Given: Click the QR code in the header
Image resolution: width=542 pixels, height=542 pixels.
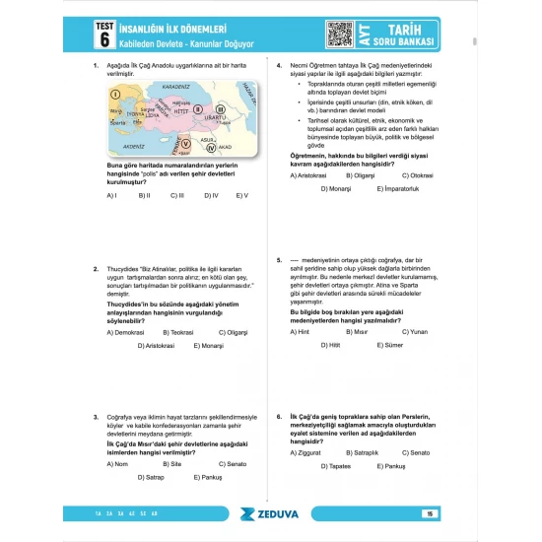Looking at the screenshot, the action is pyautogui.click(x=339, y=34).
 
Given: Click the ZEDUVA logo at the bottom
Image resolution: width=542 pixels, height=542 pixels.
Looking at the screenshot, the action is pyautogui.click(x=271, y=513).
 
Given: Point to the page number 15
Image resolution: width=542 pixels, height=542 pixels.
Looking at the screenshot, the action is pyautogui.click(x=430, y=513).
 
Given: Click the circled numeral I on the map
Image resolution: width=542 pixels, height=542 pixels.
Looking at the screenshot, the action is pyautogui.click(x=115, y=95).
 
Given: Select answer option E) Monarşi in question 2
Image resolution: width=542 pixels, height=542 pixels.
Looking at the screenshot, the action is pyautogui.click(x=209, y=346).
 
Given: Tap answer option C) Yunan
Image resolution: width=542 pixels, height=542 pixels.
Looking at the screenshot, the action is pyautogui.click(x=418, y=332).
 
